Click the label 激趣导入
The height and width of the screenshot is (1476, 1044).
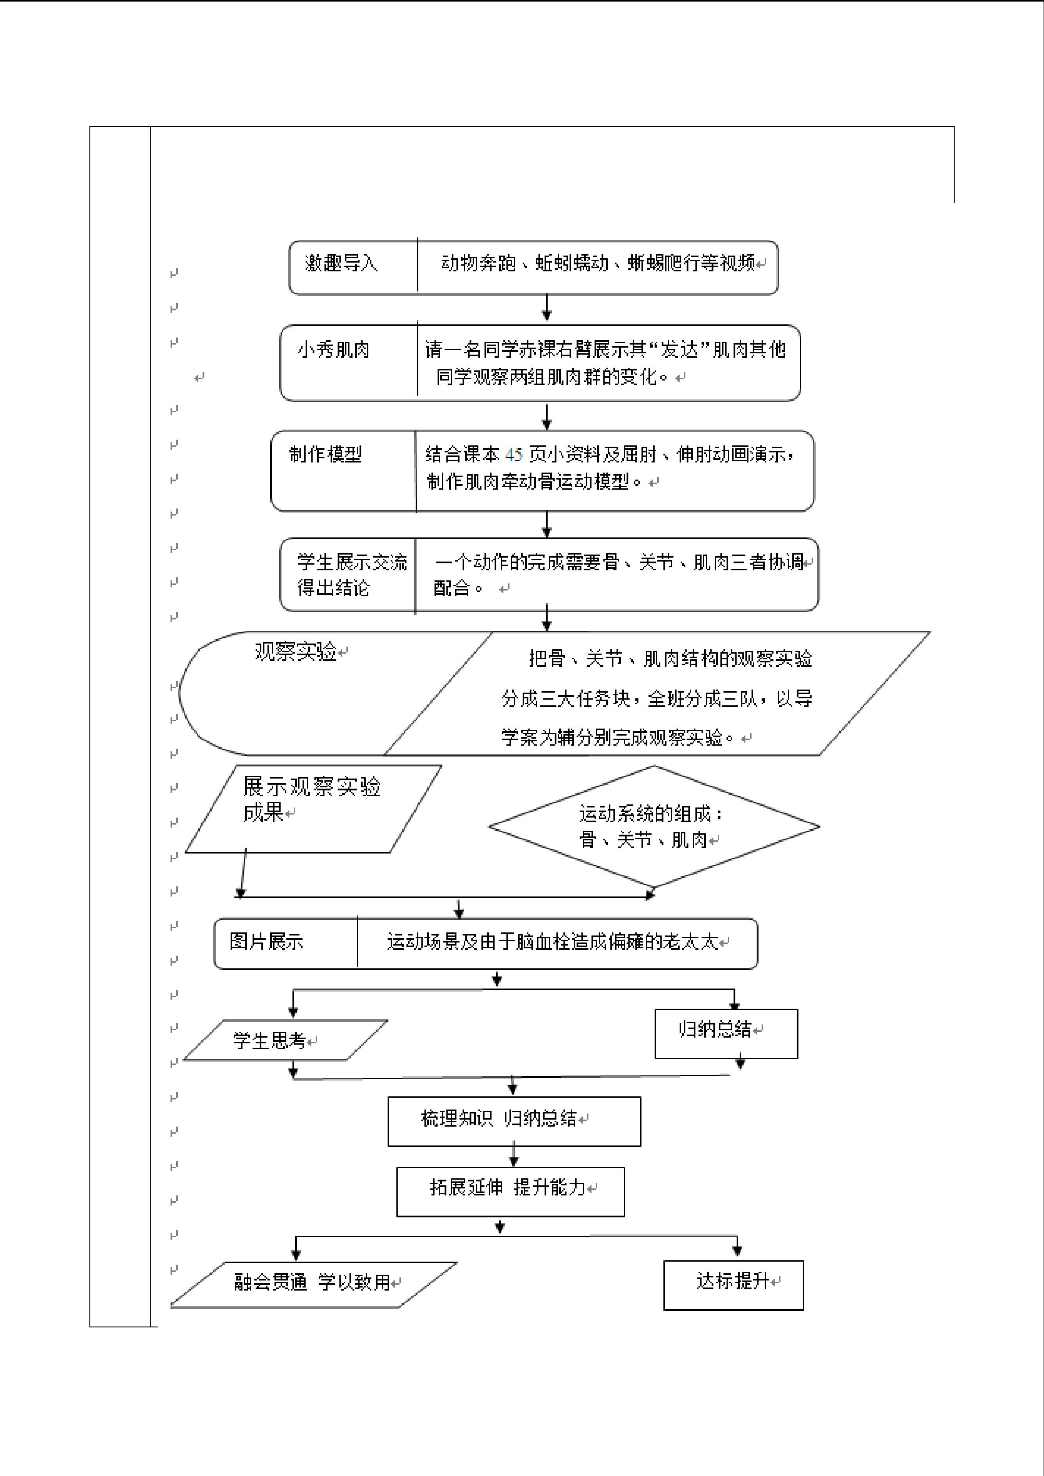342,263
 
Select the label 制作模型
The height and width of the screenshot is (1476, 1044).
325,455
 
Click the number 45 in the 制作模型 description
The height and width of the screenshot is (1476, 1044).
513,455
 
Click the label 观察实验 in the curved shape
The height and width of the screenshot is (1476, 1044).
296,652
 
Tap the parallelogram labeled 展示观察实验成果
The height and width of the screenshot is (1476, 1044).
313,809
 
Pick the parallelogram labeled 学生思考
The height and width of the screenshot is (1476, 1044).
285,1039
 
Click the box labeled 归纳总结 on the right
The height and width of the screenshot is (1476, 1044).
726,1034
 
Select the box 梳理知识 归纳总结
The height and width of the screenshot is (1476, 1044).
514,1121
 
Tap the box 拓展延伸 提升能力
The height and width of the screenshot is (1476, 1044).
510,1192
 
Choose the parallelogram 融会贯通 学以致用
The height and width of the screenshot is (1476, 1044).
314,1285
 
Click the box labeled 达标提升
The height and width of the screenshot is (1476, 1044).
734,1285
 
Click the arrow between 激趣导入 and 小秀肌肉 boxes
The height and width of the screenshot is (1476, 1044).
546,307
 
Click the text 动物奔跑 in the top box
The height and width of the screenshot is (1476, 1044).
478,263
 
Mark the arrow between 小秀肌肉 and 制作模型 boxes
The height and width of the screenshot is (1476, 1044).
546,416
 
